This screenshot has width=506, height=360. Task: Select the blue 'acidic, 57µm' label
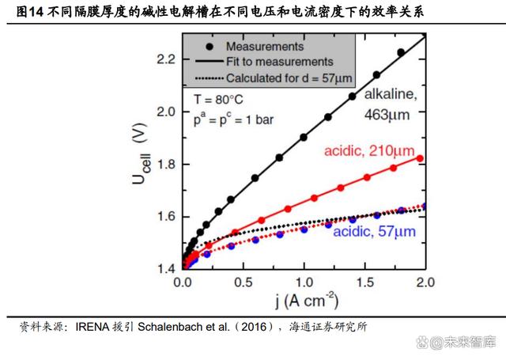374,232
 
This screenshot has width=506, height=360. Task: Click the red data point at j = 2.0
420,158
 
